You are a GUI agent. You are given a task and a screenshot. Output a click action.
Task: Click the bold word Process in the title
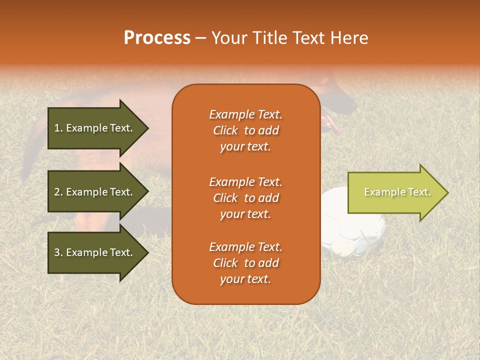[x=157, y=38]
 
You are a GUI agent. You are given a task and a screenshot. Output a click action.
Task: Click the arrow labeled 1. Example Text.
[x=95, y=128]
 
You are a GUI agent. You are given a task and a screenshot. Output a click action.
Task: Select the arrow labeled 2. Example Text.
[x=95, y=192]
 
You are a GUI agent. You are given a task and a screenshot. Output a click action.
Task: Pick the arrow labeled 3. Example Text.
[x=95, y=252]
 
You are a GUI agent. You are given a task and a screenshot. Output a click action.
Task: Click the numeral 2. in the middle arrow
[x=58, y=192]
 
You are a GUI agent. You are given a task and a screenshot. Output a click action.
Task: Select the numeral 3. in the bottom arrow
[x=58, y=252]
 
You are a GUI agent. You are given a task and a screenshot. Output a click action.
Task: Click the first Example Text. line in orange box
[x=245, y=114]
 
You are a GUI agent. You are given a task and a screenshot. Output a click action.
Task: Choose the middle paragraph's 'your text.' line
[x=245, y=214]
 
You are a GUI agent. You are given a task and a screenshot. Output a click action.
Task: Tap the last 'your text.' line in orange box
[x=245, y=279]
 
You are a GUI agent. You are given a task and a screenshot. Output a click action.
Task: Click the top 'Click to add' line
[x=245, y=130]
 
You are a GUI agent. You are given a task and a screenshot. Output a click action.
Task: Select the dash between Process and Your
[x=200, y=38]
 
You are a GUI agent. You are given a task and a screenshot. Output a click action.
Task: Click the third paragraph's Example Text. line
[x=245, y=247]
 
